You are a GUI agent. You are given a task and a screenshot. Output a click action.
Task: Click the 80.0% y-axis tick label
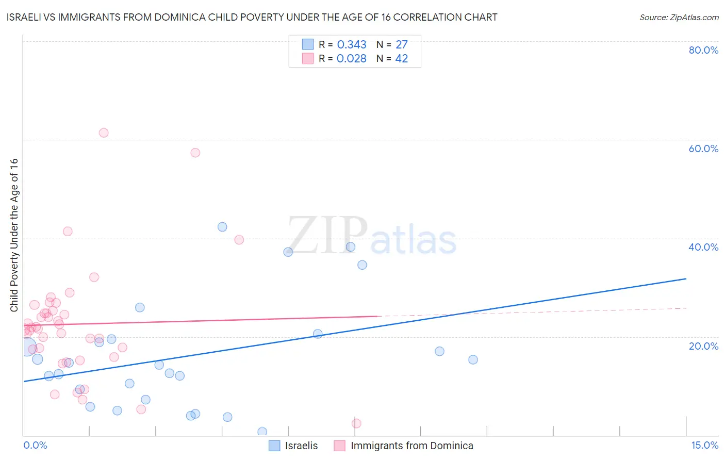pyautogui.click(x=703, y=50)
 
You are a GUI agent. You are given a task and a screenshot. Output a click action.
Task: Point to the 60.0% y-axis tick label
pyautogui.click(x=703, y=149)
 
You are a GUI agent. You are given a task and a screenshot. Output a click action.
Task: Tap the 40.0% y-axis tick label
pyautogui.click(x=703, y=247)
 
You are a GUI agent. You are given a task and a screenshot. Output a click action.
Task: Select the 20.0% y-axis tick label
pyautogui.click(x=703, y=346)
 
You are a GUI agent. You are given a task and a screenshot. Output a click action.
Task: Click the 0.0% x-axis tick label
pyautogui.click(x=35, y=445)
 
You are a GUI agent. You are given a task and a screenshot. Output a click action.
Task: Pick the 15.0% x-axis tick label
pyautogui.click(x=704, y=445)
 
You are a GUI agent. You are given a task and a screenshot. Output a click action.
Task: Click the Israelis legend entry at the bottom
pyautogui.click(x=301, y=446)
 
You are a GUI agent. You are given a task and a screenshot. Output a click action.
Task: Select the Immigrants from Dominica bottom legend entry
pyautogui.click(x=411, y=446)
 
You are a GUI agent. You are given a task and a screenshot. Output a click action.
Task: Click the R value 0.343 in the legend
pyautogui.click(x=352, y=45)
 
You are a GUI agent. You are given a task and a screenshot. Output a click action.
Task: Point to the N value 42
pyautogui.click(x=401, y=59)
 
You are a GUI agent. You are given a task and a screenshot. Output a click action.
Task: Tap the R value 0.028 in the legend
pyautogui.click(x=352, y=59)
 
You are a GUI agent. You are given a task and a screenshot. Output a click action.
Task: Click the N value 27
pyautogui.click(x=401, y=45)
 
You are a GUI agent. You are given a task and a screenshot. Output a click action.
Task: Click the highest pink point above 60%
pyautogui.click(x=104, y=133)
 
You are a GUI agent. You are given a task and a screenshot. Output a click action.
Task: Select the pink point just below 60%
pyautogui.click(x=195, y=153)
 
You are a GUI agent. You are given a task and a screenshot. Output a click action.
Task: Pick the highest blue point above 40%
pyautogui.click(x=222, y=227)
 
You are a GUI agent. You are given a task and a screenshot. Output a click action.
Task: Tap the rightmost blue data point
pyautogui.click(x=473, y=359)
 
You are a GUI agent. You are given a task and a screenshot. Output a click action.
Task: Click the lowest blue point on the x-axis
pyautogui.click(x=262, y=432)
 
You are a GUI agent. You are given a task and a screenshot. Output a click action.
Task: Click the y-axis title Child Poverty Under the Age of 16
pyautogui.click(x=14, y=235)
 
